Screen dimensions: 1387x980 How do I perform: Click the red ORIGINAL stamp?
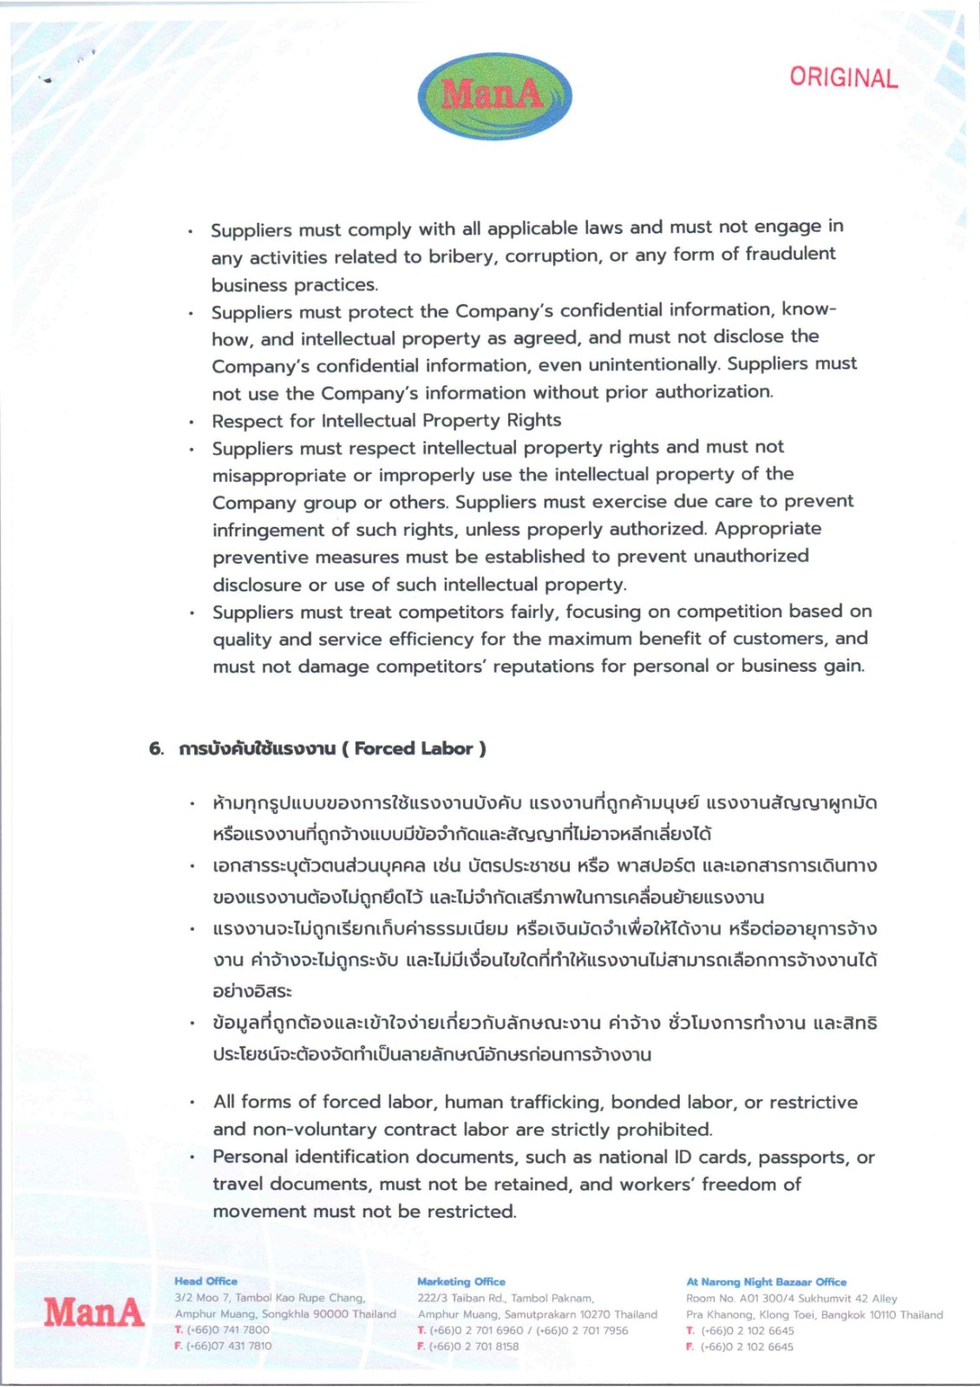(843, 78)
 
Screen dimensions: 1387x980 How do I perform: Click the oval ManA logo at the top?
(494, 95)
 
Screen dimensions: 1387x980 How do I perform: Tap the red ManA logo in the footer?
(94, 1312)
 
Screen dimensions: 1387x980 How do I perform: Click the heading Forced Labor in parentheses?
(415, 748)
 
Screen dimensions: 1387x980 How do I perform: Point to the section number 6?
(156, 749)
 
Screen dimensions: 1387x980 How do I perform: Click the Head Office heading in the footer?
(206, 1281)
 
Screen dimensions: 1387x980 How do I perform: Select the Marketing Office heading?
(461, 1281)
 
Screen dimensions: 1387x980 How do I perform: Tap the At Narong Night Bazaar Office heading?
(766, 1281)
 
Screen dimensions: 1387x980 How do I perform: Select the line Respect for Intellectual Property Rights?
(387, 420)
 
